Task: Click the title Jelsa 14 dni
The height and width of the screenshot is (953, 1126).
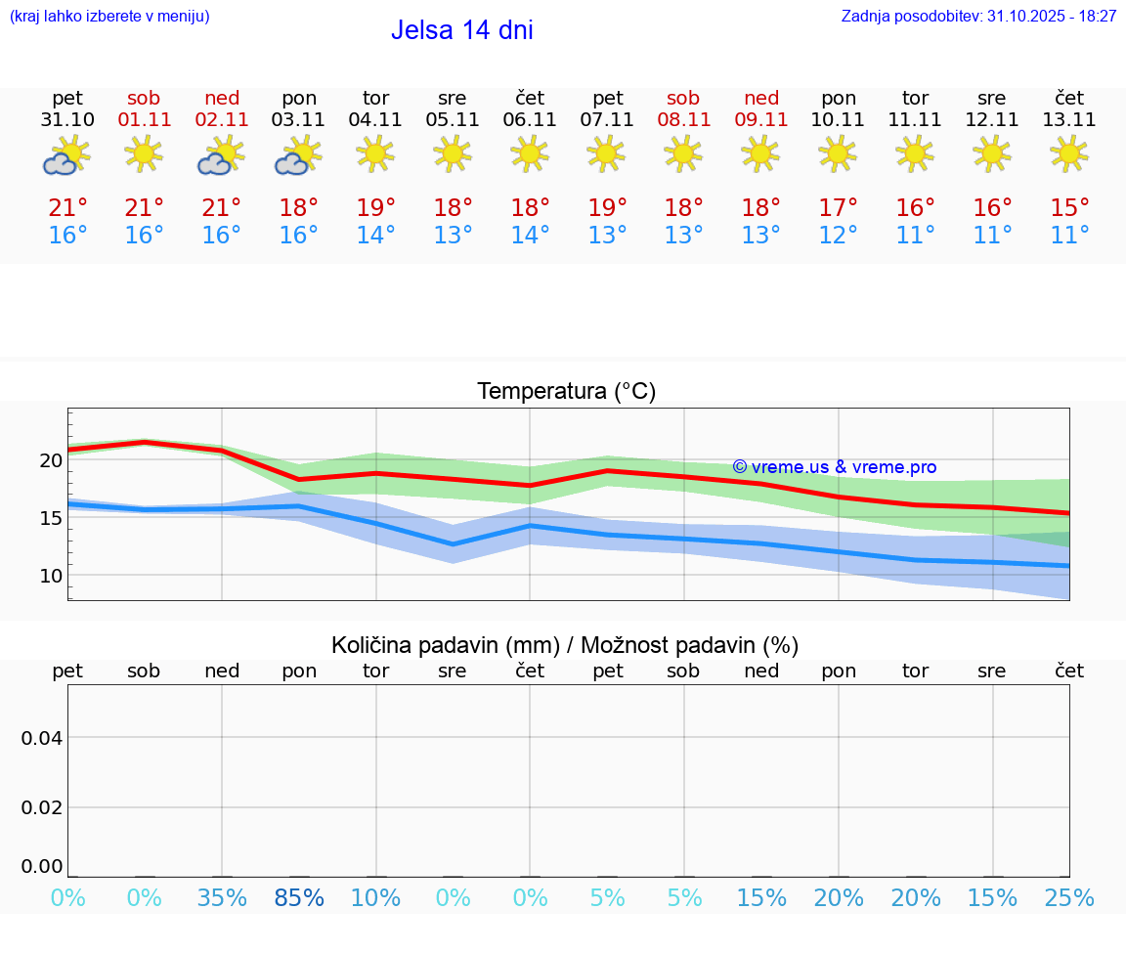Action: click(461, 30)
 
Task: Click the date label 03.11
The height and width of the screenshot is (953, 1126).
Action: click(299, 120)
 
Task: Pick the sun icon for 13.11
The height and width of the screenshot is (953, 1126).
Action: click(1069, 153)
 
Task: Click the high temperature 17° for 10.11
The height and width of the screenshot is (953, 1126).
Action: click(839, 208)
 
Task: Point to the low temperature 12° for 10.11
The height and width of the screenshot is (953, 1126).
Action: click(839, 236)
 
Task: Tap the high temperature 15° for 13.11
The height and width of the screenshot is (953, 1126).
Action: click(1069, 208)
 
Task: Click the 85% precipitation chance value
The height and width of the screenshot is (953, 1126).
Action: click(299, 897)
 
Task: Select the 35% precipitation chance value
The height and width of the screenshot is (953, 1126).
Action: click(222, 897)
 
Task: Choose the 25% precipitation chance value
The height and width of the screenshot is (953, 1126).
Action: click(1069, 897)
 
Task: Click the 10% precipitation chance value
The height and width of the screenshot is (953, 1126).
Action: click(376, 897)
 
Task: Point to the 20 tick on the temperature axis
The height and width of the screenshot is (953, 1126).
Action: click(51, 460)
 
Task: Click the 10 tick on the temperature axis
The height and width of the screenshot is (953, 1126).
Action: click(51, 576)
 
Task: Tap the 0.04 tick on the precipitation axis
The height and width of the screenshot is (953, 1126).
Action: click(42, 738)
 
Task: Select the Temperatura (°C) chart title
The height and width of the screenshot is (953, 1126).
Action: click(566, 392)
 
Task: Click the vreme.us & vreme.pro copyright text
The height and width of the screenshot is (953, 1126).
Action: click(835, 467)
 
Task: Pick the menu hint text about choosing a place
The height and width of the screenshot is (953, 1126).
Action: click(109, 17)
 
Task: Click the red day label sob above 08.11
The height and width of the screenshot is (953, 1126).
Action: click(683, 98)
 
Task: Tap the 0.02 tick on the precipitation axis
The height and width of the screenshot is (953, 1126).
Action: click(42, 807)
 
